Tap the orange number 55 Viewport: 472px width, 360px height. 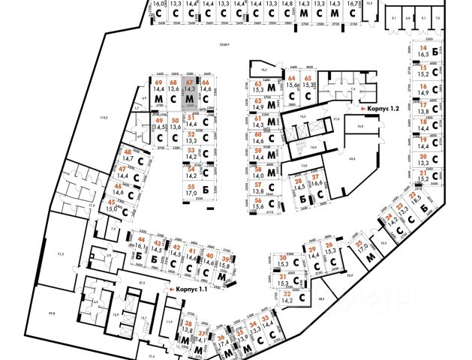[x=191, y=186]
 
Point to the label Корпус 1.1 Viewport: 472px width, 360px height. [x=193, y=289]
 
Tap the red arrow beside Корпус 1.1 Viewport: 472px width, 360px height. [x=172, y=289]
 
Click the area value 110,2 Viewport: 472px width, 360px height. [x=104, y=118]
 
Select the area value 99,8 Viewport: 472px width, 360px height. [x=32, y=313]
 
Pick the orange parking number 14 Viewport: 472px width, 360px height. [x=423, y=47]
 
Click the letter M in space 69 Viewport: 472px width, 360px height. [x=158, y=99]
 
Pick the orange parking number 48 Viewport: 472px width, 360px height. [x=127, y=151]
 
